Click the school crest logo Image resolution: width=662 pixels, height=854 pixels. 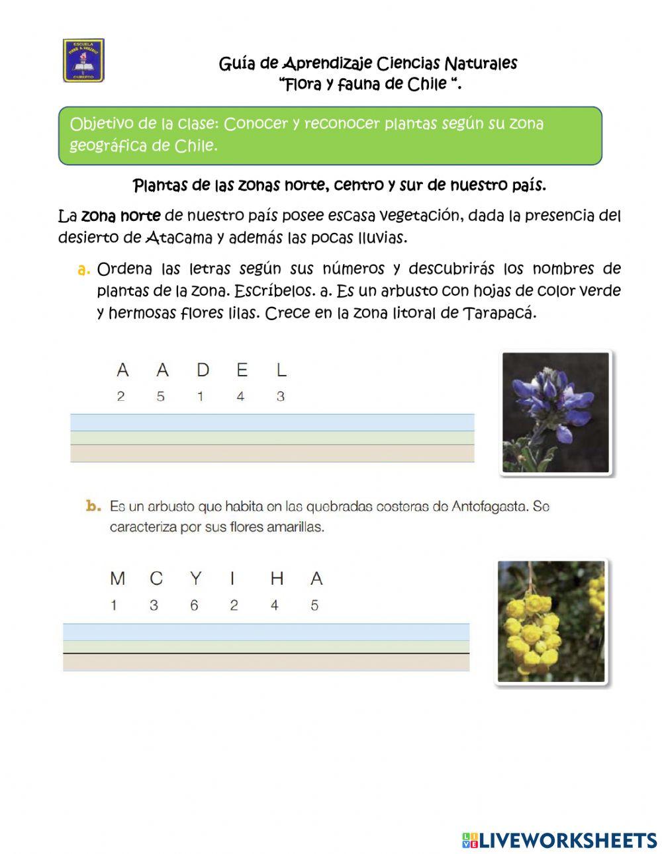(83, 60)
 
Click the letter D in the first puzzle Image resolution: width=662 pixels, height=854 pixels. (202, 370)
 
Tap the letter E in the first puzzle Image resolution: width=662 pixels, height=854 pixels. (242, 370)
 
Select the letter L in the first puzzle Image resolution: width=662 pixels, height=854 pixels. (281, 370)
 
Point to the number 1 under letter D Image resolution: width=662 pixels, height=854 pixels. (201, 397)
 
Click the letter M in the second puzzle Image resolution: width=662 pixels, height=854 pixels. (118, 579)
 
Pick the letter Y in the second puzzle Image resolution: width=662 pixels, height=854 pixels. (195, 579)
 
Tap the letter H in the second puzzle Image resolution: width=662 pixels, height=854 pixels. (277, 579)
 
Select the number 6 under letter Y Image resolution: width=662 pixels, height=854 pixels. (194, 605)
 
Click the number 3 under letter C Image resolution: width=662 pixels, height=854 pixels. (154, 605)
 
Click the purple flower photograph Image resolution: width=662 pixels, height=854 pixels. (555, 413)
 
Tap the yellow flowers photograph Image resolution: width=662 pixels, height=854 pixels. (551, 621)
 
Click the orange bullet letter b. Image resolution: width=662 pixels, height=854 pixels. (93, 507)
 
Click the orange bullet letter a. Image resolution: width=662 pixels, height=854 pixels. (83, 269)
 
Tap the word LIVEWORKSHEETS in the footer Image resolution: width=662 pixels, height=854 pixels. (567, 840)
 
